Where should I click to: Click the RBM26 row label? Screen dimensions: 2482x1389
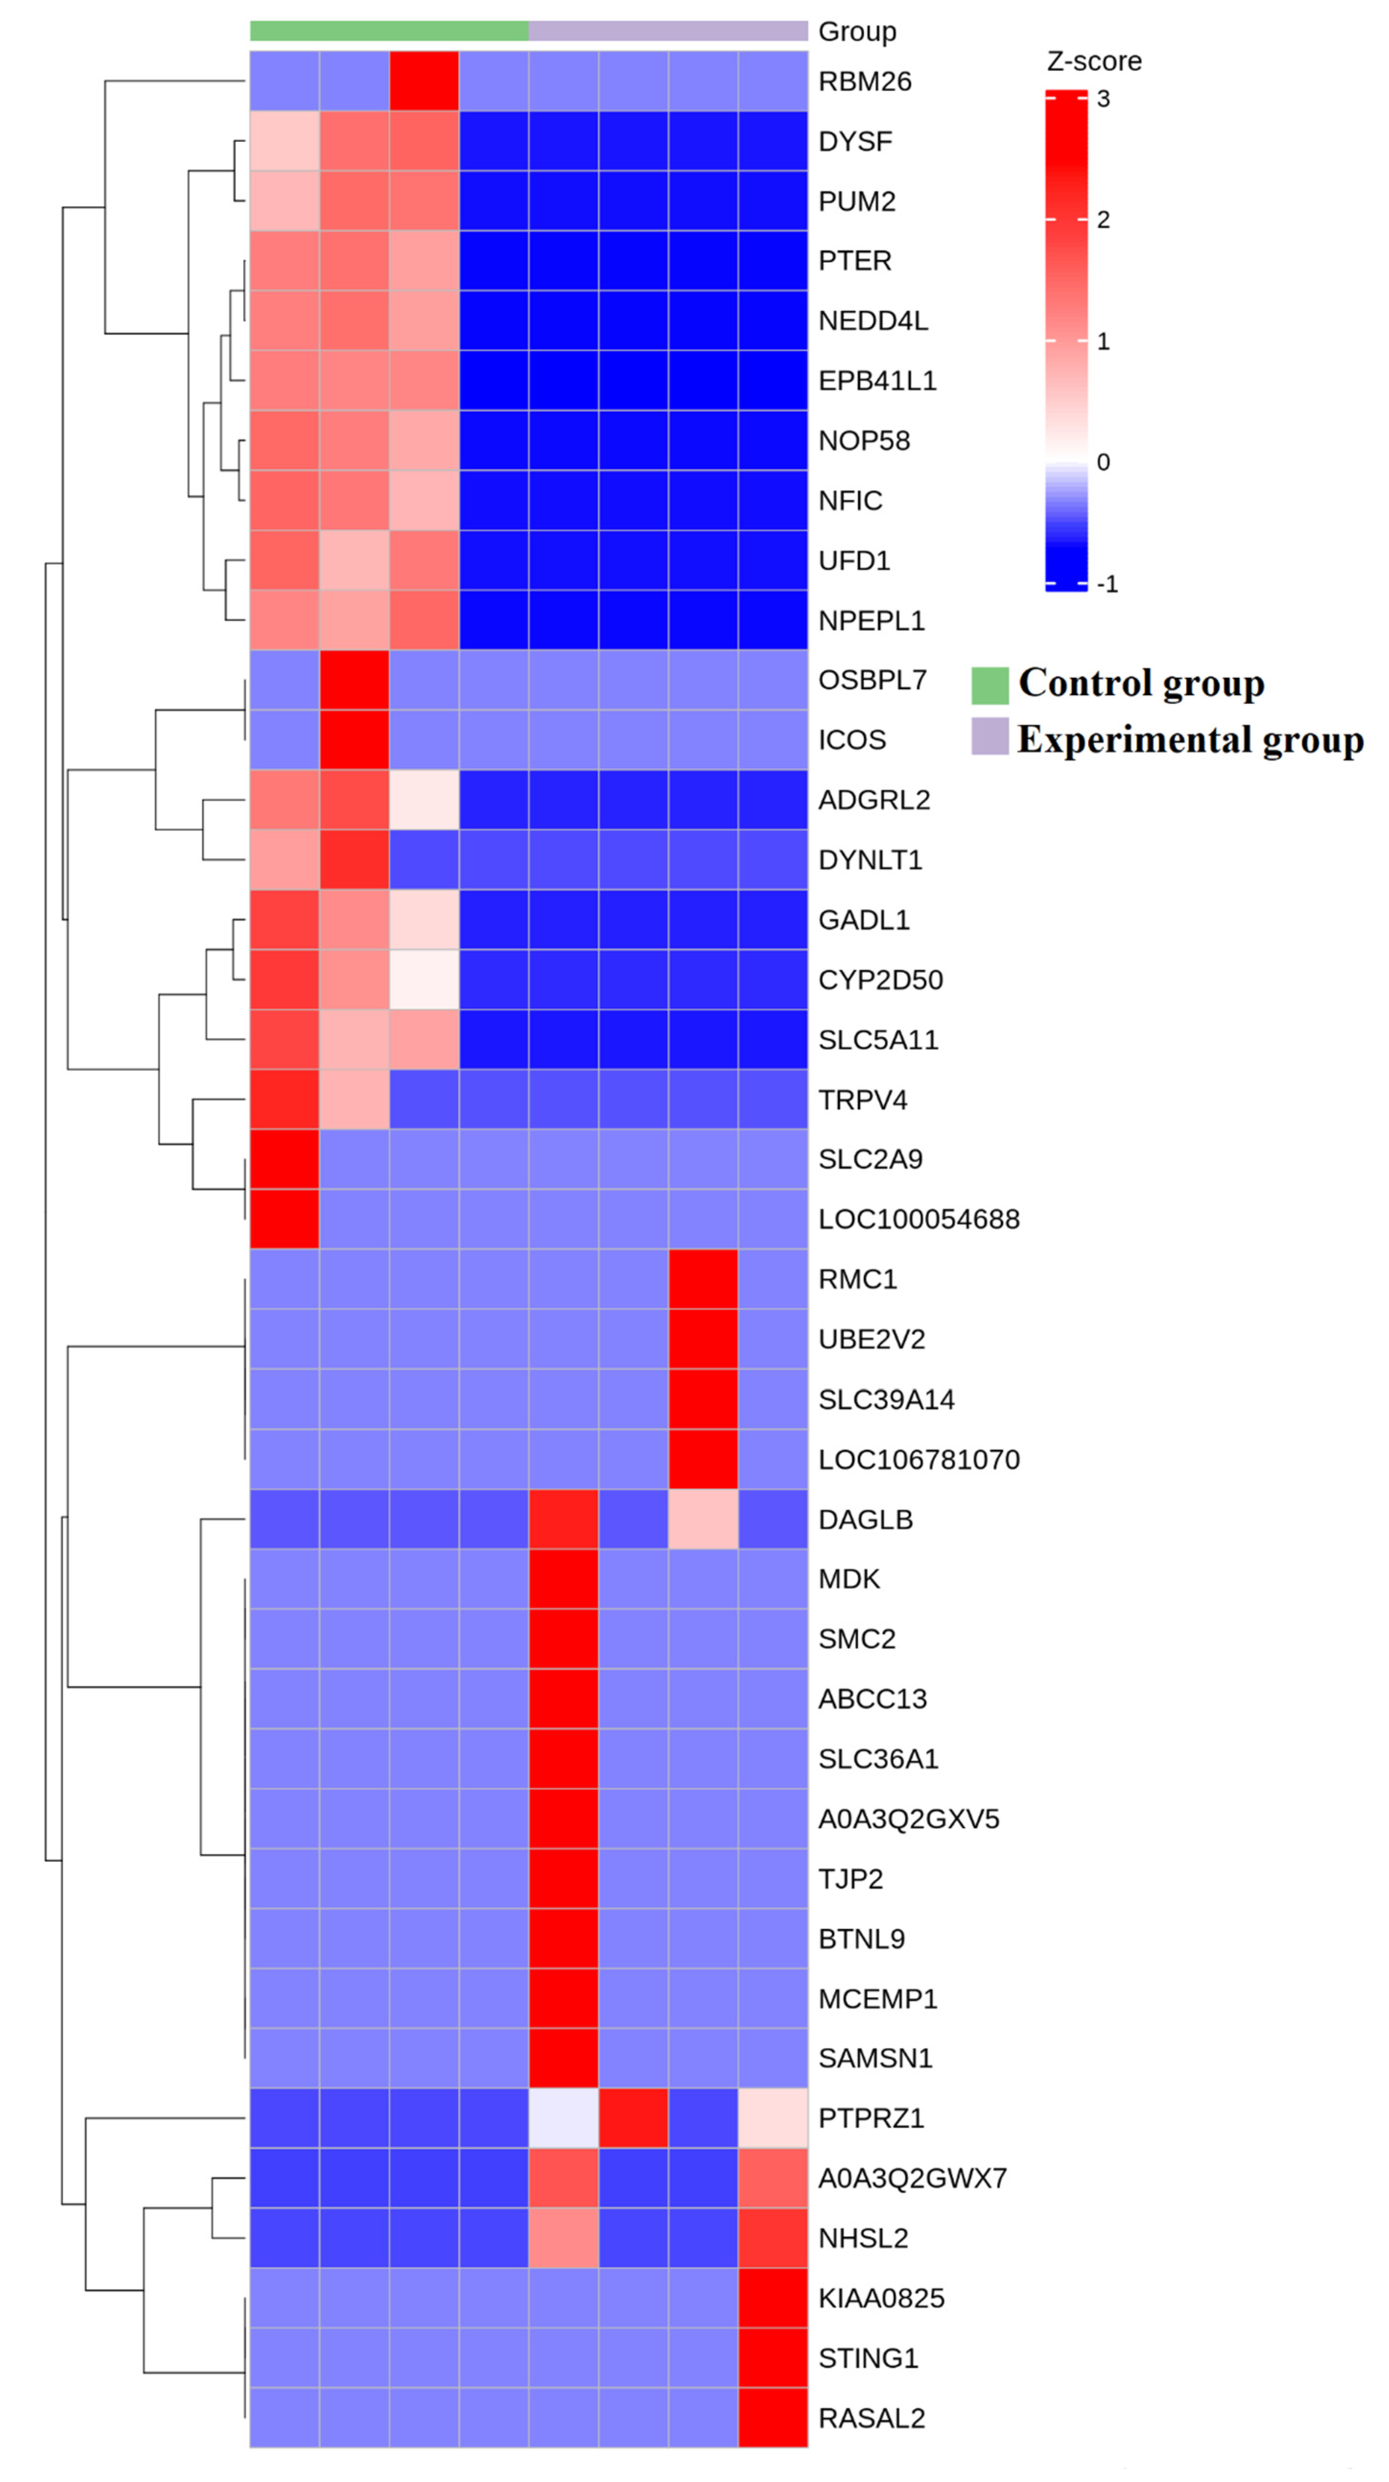864,82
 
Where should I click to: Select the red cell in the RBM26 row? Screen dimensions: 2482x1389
424,82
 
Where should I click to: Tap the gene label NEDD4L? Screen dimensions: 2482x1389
873,321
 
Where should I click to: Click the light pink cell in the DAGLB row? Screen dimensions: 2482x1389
703,1519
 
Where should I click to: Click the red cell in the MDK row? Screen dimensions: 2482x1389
563,1579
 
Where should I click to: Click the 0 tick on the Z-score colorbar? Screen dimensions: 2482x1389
1103,462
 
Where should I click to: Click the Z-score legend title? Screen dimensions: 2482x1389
1093,62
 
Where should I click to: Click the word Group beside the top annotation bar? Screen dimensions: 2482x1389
856,32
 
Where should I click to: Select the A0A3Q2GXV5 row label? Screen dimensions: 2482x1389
909,1819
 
